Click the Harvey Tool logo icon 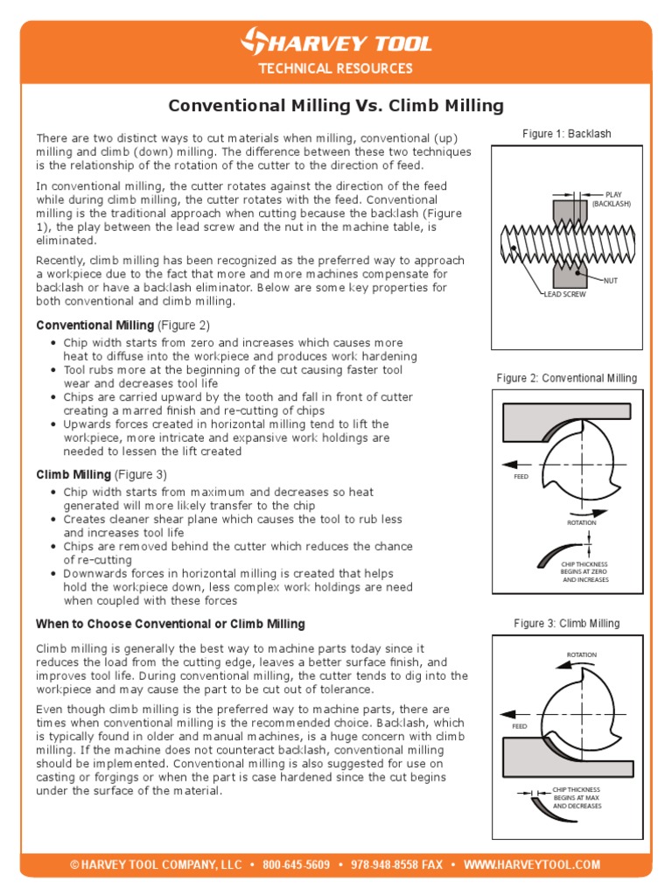click(256, 41)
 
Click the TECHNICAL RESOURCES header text click(335, 69)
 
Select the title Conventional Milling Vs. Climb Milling click(335, 106)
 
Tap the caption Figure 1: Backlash click(566, 134)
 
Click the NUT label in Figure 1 click(610, 280)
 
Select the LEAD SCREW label click(564, 295)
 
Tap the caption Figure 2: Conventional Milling click(566, 378)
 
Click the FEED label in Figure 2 click(521, 477)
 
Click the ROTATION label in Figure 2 click(582, 522)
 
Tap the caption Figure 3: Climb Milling click(566, 623)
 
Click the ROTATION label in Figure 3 click(582, 654)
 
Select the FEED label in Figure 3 click(521, 726)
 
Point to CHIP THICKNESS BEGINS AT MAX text click(577, 797)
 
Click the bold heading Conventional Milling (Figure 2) click(122, 325)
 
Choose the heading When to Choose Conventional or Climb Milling click(170, 624)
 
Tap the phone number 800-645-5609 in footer click(296, 864)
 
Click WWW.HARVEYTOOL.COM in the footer click(532, 864)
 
